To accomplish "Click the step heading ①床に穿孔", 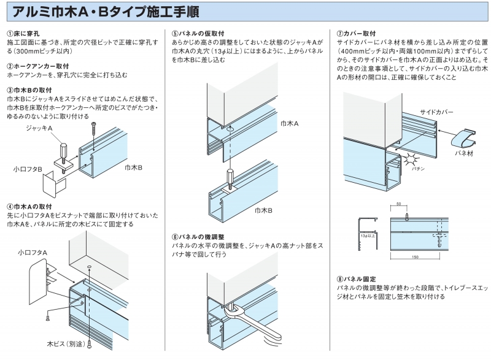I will [x=24, y=33].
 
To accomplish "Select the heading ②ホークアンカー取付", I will [x=37, y=65].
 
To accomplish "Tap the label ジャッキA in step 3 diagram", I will [x=39, y=128].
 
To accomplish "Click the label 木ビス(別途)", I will [x=66, y=343].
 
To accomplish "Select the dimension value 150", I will [x=416, y=258].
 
